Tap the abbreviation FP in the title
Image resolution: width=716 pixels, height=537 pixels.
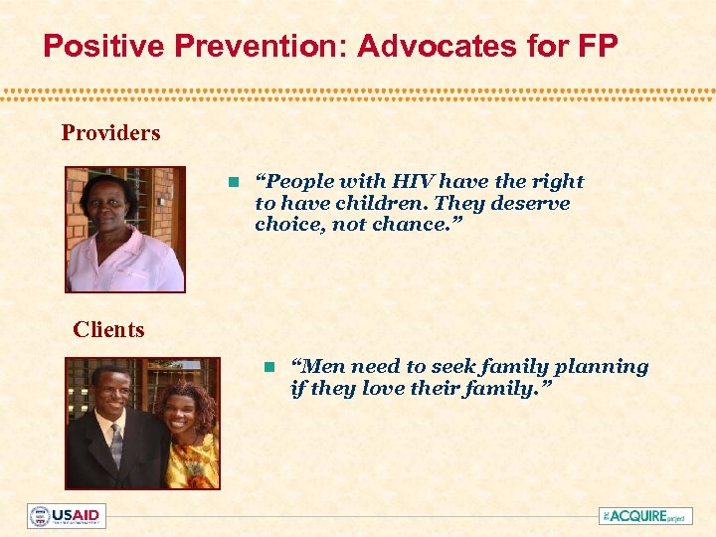[597, 46]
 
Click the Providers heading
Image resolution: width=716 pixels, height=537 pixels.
[110, 132]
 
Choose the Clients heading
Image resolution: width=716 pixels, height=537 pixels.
[108, 329]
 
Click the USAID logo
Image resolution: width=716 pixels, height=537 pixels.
[67, 515]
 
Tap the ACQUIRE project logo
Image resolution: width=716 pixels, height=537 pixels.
[645, 515]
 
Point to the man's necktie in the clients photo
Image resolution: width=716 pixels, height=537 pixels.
[116, 445]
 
